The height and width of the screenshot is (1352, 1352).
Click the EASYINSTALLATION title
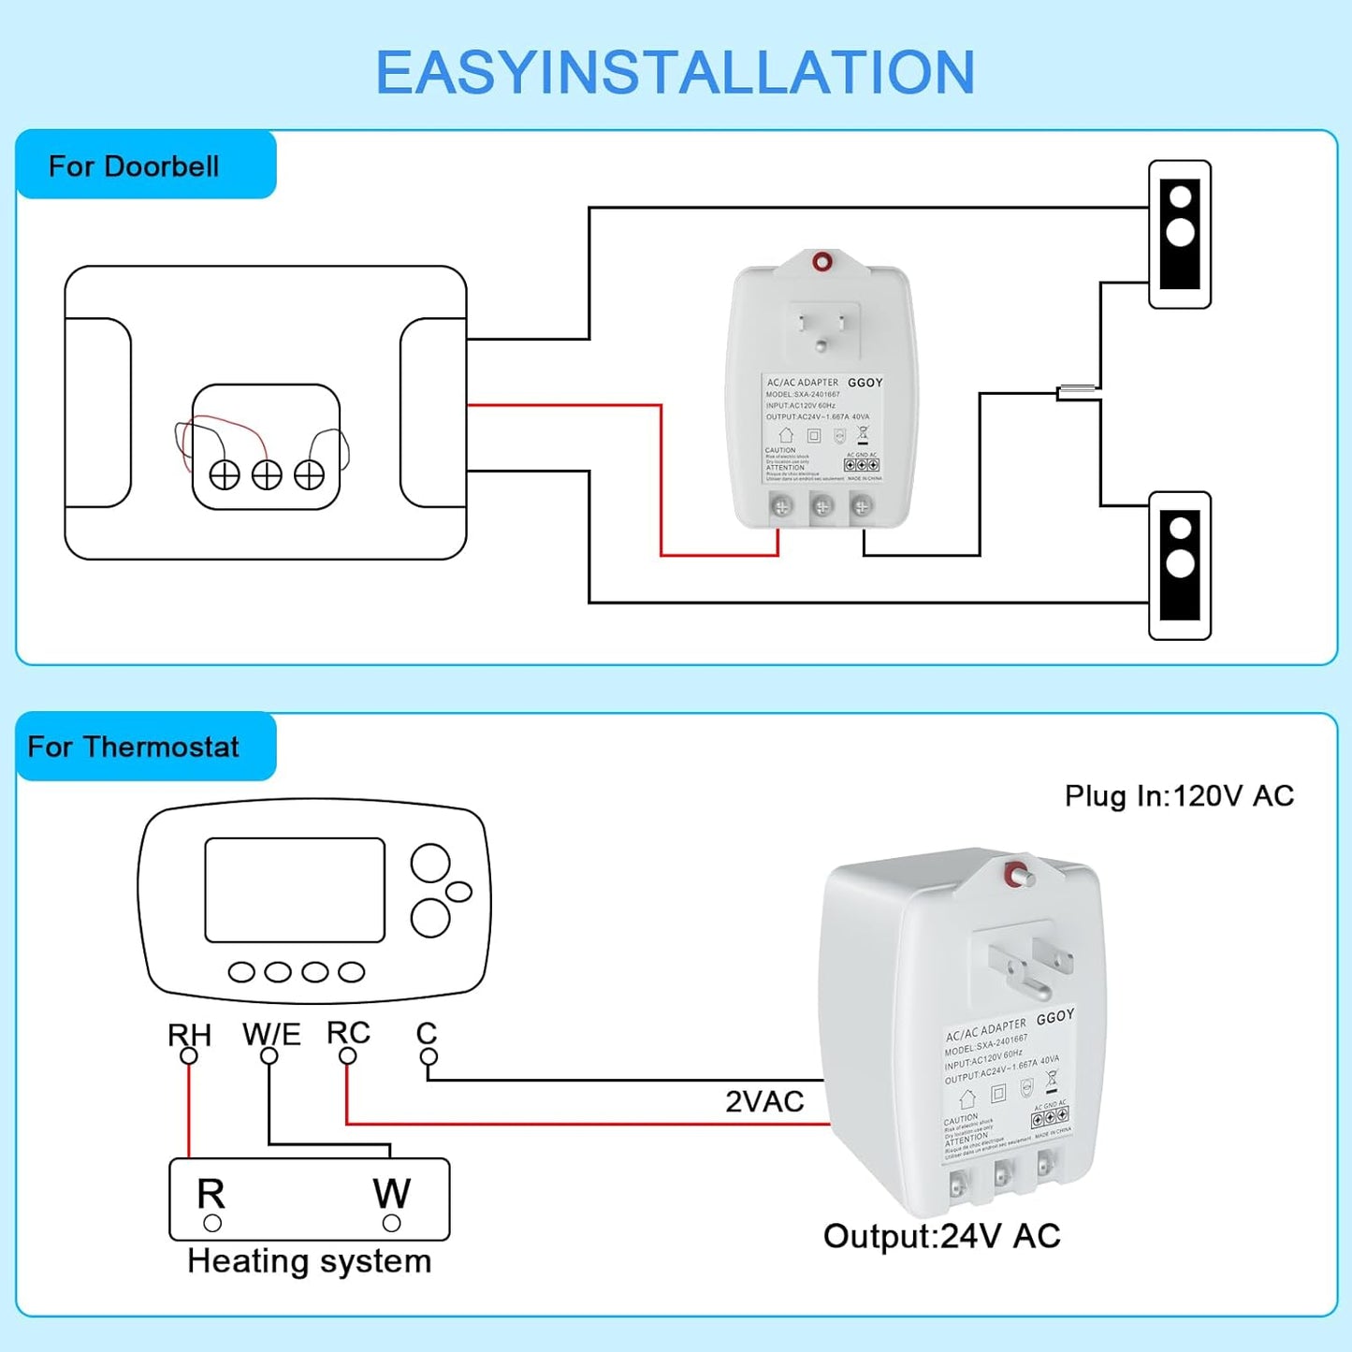pos(675,72)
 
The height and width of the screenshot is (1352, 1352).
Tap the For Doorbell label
pos(134,167)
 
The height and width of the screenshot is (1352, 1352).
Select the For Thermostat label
pos(133,747)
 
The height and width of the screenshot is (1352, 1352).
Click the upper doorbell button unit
pos(1180,235)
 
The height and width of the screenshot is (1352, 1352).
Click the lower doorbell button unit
pos(1180,566)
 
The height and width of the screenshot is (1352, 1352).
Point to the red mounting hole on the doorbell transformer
pos(821,262)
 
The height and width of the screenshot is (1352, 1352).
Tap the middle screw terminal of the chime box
pos(267,475)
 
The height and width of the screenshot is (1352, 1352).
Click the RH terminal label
pos(189,1035)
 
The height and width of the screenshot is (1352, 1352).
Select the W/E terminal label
pos(271,1034)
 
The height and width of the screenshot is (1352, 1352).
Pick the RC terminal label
pos(348,1033)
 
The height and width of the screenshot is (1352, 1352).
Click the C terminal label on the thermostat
pos(427,1033)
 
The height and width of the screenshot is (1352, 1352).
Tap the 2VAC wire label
pos(764,1101)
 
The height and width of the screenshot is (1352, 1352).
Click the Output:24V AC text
pos(941,1236)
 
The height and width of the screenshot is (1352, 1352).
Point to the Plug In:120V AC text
pos(1179,795)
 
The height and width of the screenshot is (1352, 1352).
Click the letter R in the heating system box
pos(211,1194)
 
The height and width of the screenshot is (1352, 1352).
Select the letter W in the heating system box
pos(391,1193)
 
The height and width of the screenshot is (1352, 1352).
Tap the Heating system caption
pos(309,1261)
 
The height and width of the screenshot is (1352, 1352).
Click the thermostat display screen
pos(295,890)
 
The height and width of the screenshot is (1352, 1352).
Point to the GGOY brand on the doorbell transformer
pos(865,383)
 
